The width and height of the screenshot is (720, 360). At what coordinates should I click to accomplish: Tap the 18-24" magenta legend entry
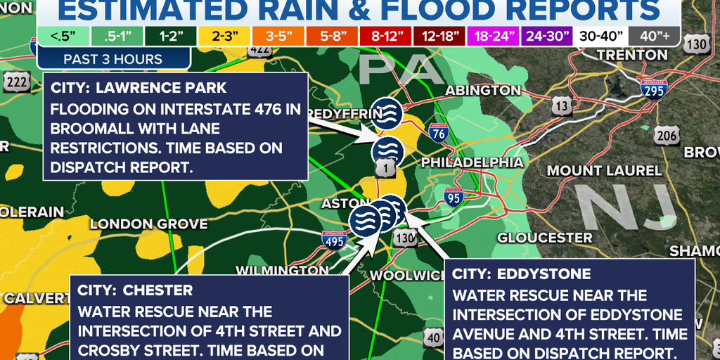(x=497, y=36)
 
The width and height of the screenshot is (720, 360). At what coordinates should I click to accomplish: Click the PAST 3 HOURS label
(x=113, y=59)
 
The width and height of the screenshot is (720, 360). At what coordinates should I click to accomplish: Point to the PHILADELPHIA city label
(x=472, y=162)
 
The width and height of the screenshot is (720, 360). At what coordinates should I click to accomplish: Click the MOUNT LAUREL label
(x=604, y=170)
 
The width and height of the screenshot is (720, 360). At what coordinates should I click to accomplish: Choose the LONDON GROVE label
(x=149, y=224)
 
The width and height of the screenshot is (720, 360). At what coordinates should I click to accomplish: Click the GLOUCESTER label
(x=545, y=238)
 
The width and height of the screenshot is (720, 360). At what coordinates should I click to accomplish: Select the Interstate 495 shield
(x=334, y=240)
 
